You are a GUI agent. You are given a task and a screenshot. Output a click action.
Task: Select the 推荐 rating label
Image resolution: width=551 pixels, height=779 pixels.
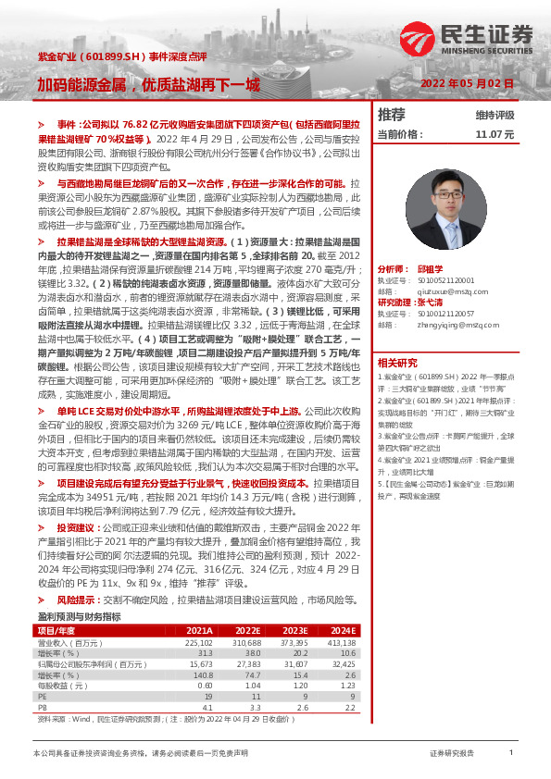coord(393,115)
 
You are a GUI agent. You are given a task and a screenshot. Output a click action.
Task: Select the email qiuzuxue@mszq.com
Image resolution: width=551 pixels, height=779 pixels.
coord(434,290)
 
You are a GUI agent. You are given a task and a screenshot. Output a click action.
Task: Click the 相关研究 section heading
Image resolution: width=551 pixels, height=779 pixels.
coord(399,362)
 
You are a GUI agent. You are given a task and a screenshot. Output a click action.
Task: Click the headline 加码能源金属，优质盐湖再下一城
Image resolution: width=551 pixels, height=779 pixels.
coord(148,85)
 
